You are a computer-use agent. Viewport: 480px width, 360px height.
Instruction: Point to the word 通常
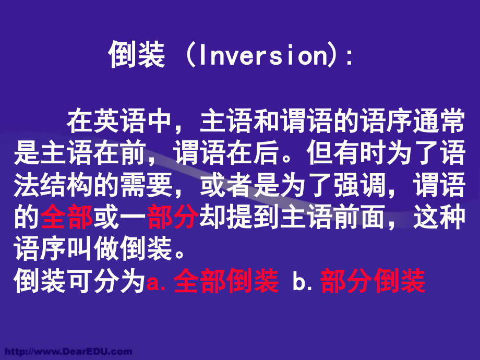(x=438, y=124)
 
